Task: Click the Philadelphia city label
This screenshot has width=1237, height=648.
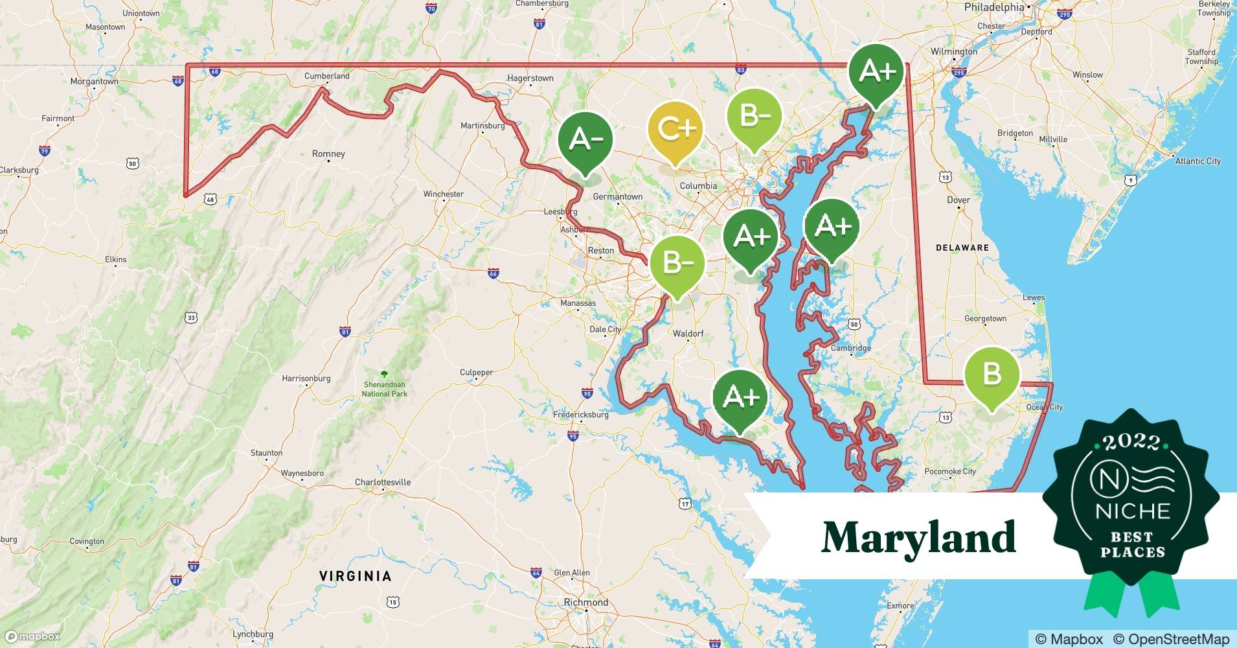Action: [x=994, y=7]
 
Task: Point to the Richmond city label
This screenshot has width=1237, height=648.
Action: [x=586, y=602]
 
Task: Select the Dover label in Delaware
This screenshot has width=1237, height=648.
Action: [x=959, y=200]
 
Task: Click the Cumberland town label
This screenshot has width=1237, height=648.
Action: [x=327, y=76]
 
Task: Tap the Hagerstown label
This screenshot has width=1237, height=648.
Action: [x=530, y=78]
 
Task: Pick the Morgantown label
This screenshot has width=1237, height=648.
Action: [x=95, y=82]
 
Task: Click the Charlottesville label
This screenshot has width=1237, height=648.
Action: [x=383, y=482]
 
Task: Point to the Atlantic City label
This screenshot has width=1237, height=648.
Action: [x=1197, y=161]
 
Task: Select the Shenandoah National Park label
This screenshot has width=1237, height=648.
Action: [x=385, y=389]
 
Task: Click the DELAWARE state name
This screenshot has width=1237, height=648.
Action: [x=962, y=248]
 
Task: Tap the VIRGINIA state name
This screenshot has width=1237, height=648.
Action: [x=356, y=576]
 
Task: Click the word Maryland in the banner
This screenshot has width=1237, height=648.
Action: [x=918, y=537]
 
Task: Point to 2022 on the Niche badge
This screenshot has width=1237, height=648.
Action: [x=1131, y=443]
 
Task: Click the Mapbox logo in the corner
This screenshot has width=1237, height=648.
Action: [x=32, y=636]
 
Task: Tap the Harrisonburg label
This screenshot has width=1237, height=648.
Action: [x=306, y=378]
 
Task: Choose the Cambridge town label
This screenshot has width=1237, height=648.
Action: [x=851, y=348]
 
